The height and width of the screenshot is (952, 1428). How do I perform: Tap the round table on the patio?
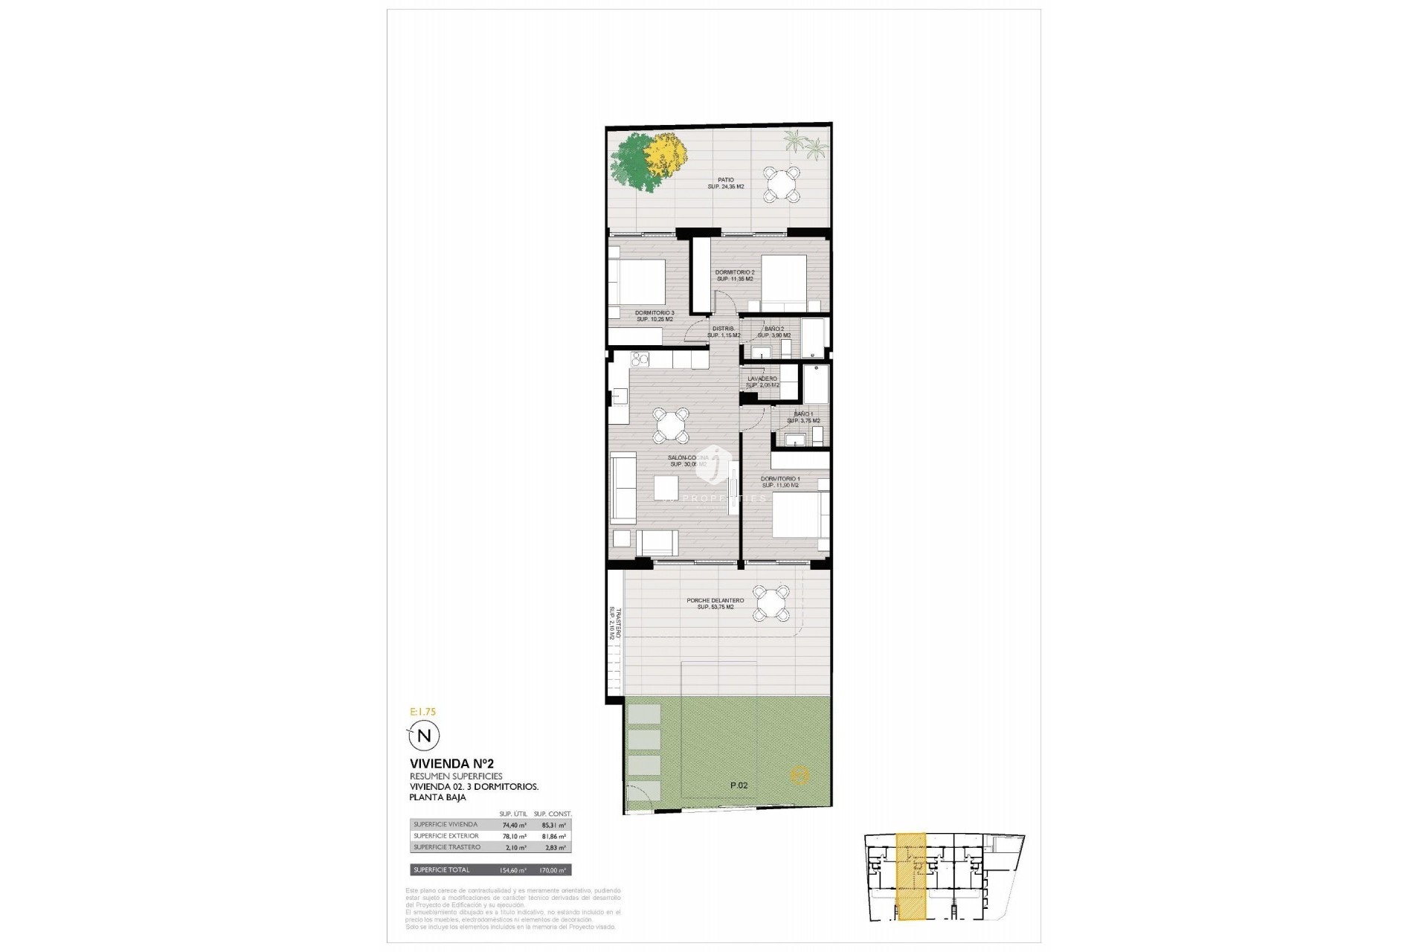(x=782, y=184)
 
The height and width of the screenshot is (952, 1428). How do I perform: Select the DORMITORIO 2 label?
(x=735, y=275)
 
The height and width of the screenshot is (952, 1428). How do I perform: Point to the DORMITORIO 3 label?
(x=654, y=315)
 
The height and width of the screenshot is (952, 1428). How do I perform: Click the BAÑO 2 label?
(x=773, y=332)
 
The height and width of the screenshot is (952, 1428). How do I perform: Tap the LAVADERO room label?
(x=762, y=382)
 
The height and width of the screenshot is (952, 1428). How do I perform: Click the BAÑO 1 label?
(x=803, y=417)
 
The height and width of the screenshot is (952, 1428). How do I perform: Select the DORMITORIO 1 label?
(x=780, y=482)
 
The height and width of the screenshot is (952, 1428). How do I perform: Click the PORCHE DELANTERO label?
(x=715, y=604)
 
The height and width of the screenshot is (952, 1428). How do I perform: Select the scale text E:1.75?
(x=422, y=712)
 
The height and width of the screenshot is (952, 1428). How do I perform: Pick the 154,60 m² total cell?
(x=513, y=870)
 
